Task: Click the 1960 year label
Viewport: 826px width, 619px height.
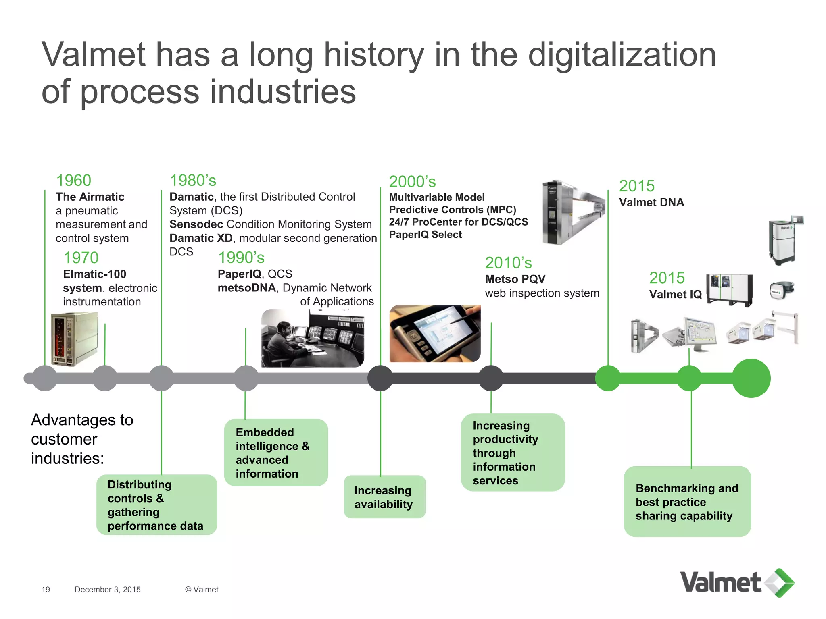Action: pos(73,180)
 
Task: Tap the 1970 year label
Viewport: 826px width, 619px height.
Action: pos(81,258)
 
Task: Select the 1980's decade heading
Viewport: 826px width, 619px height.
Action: pos(193,180)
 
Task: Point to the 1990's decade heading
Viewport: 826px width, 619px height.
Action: pos(241,258)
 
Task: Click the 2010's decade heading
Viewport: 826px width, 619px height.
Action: pos(508,263)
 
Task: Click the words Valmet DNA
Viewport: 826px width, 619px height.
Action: pos(651,202)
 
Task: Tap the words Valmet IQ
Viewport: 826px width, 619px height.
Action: pos(675,294)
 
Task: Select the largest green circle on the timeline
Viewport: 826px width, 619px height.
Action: pos(751,378)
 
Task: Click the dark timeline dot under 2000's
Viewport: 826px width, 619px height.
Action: pos(380,378)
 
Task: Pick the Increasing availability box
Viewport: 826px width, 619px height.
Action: pos(384,497)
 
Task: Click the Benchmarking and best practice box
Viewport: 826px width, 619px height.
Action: pos(687,502)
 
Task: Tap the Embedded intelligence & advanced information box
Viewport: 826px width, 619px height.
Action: pos(276,453)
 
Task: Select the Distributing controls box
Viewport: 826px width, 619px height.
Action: pos(156,505)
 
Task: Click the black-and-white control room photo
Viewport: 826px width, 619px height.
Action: pos(313,338)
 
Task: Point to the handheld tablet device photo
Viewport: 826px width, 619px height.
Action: pos(435,334)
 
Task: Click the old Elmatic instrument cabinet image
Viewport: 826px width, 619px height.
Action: pos(74,339)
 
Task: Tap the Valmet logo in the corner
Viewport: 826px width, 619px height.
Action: pos(736,583)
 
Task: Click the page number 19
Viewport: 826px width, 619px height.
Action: pos(46,590)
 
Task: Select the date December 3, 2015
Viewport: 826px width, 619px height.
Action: pos(108,590)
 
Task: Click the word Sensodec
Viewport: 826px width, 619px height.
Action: pos(196,224)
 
